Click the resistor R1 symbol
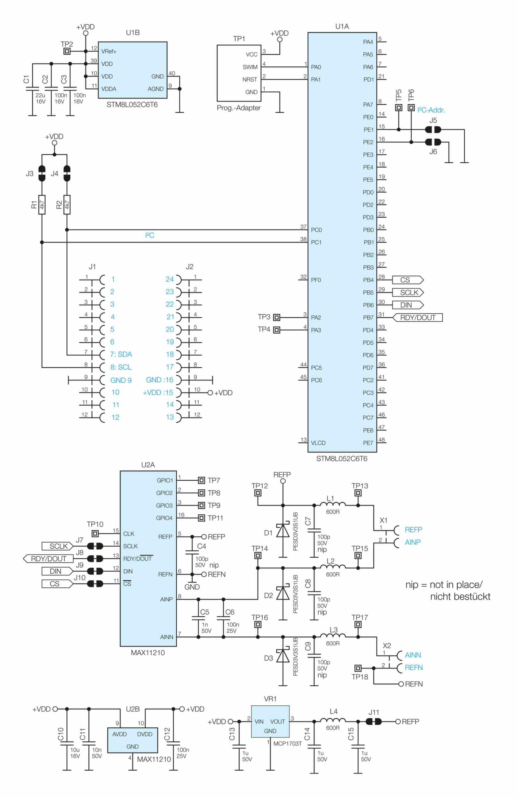point(42,204)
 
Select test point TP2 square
point(67,51)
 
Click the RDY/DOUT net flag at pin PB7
point(417,318)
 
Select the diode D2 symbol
point(283,594)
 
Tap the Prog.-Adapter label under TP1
point(239,108)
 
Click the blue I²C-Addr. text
point(431,110)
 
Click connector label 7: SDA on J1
point(121,354)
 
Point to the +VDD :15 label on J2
point(158,393)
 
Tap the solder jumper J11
point(373,722)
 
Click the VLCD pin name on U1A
point(318,443)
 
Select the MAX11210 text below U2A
point(148,653)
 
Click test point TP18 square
point(358,668)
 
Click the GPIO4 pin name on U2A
point(164,518)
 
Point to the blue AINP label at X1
point(412,542)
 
